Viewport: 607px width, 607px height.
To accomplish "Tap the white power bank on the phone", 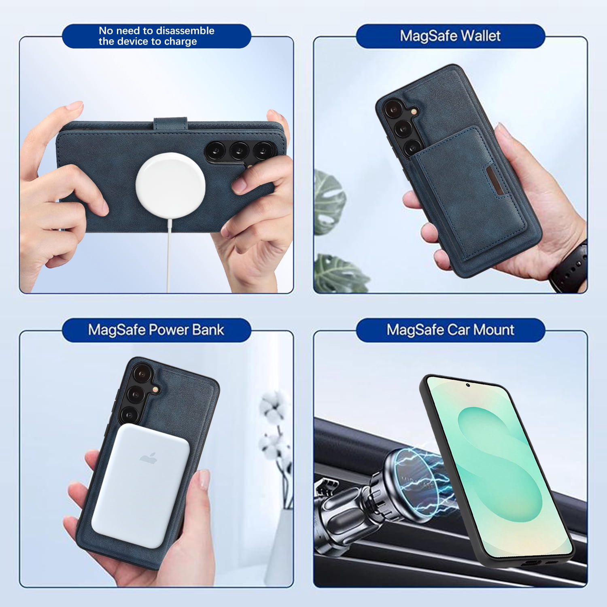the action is pos(141,486).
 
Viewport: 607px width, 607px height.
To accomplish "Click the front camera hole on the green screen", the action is pos(468,385).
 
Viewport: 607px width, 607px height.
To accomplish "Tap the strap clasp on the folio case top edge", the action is pos(170,123).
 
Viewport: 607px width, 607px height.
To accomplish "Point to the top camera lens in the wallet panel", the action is pos(392,109).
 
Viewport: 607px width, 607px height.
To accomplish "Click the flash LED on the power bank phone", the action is pos(155,389).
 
